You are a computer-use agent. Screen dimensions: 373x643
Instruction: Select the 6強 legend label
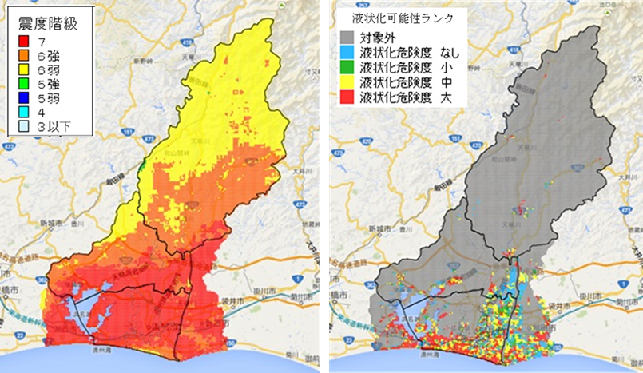click(49, 54)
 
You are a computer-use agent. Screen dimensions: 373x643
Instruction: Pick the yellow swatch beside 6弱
click(25, 69)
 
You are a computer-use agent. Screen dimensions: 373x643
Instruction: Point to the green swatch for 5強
click(25, 85)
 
